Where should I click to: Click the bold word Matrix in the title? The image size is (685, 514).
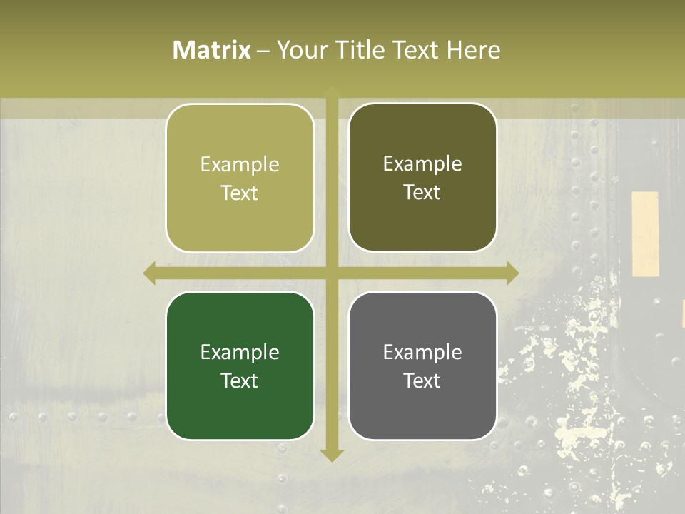pyautogui.click(x=212, y=50)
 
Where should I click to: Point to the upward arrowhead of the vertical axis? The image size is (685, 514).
pyautogui.click(x=332, y=91)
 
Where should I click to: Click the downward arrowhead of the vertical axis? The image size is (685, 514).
pyautogui.click(x=332, y=455)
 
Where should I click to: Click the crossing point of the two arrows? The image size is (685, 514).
pyautogui.click(x=332, y=273)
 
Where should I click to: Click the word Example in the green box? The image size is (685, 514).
pyautogui.click(x=240, y=352)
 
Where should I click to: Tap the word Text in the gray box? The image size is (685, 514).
pyautogui.click(x=422, y=381)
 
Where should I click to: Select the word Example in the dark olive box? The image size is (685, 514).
pyautogui.click(x=422, y=164)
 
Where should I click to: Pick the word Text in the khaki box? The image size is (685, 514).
pyautogui.click(x=240, y=193)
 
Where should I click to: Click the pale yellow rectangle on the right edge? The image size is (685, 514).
pyautogui.click(x=645, y=233)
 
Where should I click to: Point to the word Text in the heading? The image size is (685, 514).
pyautogui.click(x=414, y=50)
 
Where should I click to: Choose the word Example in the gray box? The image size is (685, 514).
pyautogui.click(x=422, y=352)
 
